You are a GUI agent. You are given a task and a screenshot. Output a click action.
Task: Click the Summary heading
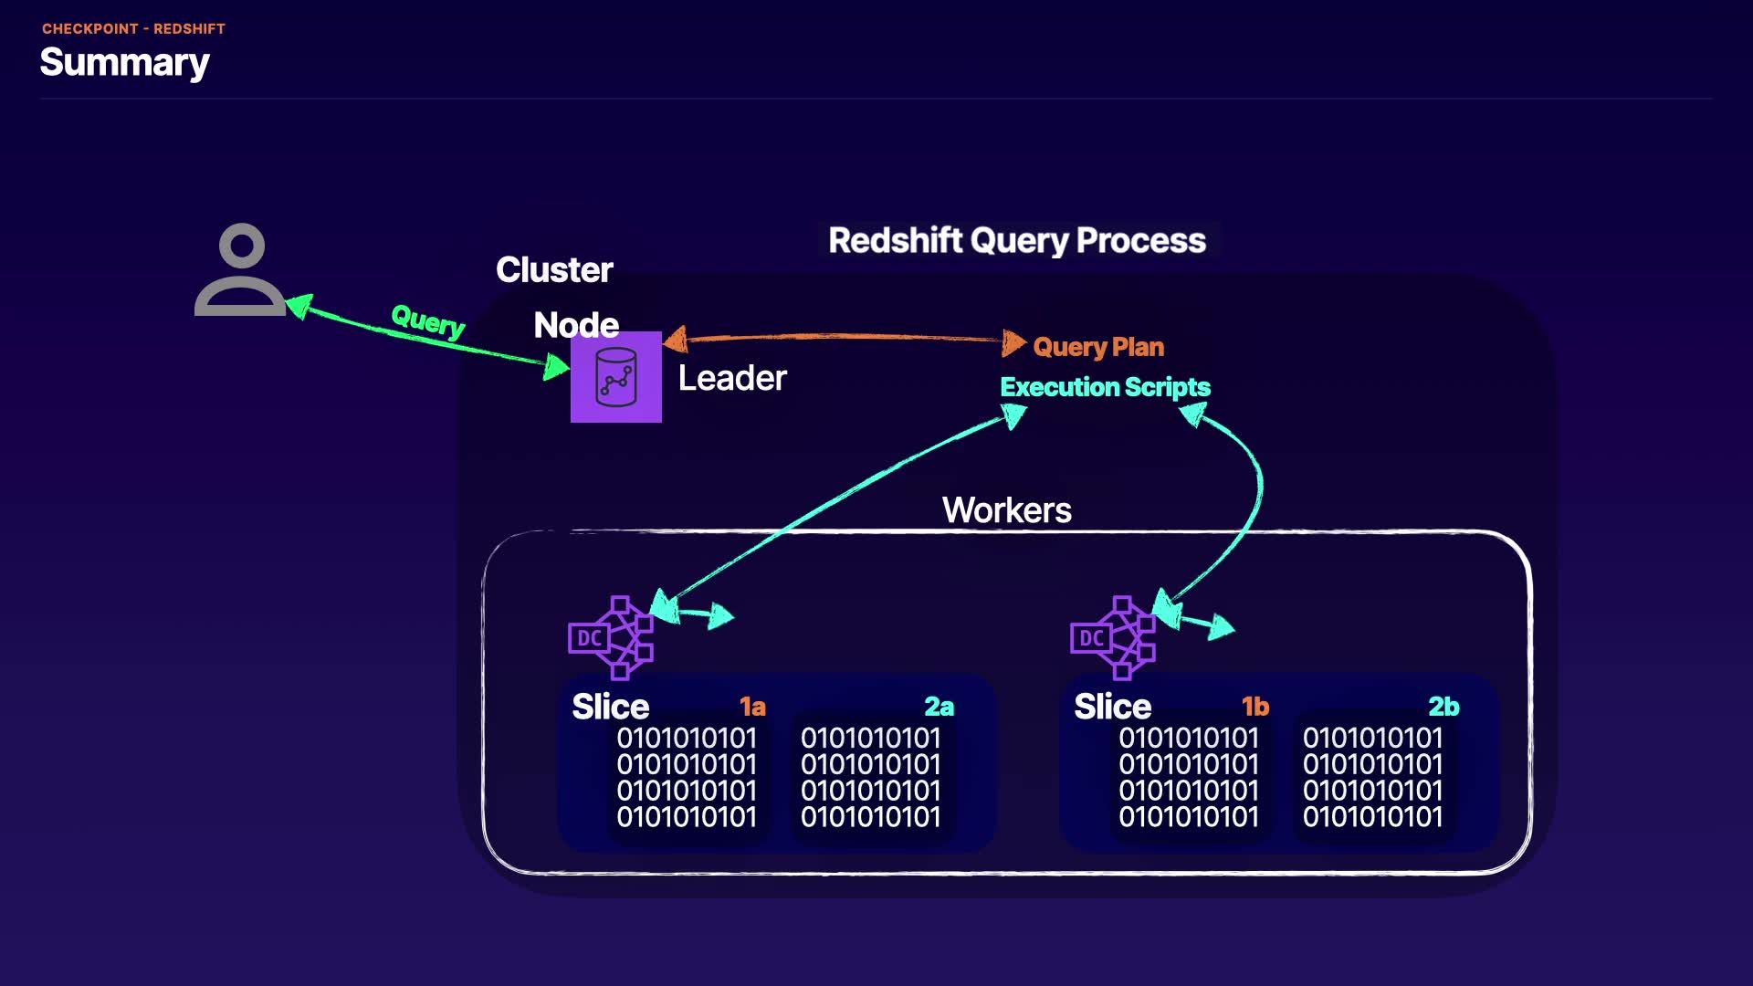coord(124,62)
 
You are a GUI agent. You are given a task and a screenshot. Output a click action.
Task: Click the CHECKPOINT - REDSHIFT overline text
coord(133,28)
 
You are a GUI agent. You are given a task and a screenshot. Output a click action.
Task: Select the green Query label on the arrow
coord(427,320)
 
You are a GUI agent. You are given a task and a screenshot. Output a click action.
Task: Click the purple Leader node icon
coord(616,377)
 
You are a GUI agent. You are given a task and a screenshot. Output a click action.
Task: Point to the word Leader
coord(732,378)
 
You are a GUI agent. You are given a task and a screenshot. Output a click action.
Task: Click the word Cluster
coord(554,270)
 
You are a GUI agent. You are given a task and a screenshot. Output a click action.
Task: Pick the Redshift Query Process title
coord(1016,240)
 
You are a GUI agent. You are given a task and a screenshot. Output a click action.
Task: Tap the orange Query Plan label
coord(1098,347)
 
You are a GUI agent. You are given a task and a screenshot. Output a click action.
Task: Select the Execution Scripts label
coord(1105,387)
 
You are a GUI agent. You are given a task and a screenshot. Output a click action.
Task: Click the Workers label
coord(1006,510)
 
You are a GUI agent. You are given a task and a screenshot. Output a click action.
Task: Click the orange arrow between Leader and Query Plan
coord(840,338)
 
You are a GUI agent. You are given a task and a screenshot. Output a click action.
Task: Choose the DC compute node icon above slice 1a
coord(610,637)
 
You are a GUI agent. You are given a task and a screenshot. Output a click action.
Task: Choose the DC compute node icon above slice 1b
coord(1112,637)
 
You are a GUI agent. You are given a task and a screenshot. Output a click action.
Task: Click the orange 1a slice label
coord(752,707)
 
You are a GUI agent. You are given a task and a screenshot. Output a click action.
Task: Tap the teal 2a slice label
coord(939,707)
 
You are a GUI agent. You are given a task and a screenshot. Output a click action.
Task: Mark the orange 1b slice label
coord(1255,707)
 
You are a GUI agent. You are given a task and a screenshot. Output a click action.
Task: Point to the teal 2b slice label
coord(1443,707)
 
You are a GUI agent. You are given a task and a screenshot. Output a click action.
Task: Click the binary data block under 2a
coord(870,777)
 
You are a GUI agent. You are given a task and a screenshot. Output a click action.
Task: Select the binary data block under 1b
coord(1189,777)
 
